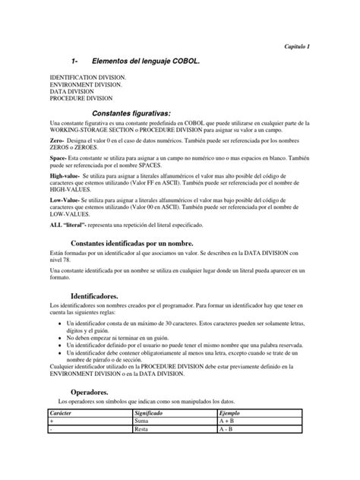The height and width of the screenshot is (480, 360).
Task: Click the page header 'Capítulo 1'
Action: [x=297, y=46]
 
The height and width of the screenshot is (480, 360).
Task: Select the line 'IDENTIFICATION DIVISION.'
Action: [x=88, y=77]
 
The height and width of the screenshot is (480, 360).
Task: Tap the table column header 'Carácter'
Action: [x=63, y=412]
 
